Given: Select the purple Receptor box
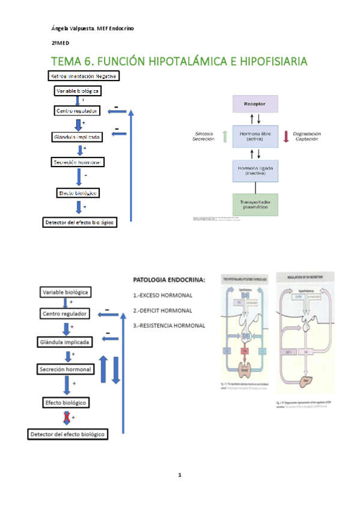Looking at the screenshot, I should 255,103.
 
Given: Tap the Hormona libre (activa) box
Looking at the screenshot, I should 255,137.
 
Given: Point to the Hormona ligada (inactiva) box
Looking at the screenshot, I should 255,170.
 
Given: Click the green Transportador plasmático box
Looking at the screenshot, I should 255,205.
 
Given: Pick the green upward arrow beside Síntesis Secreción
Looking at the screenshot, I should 224,137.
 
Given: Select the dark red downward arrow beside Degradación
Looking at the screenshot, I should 286,137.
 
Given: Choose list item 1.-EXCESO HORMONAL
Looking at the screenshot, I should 162,295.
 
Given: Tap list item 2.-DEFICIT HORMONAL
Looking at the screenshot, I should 162,310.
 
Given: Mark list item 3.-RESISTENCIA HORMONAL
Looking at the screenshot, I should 169,325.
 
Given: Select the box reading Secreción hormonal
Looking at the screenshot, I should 66,369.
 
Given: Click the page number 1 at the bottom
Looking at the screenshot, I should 179,475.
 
